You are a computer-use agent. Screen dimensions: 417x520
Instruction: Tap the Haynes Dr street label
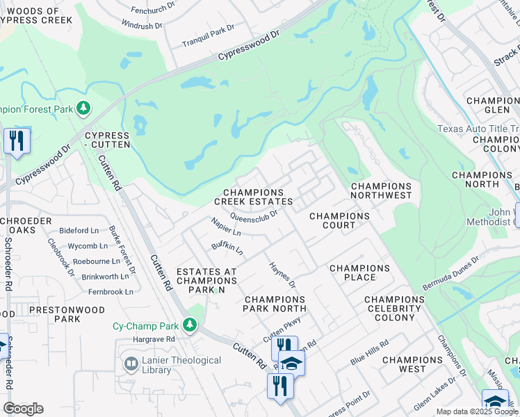[282, 275]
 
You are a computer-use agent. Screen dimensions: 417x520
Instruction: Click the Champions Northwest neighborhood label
[381, 191]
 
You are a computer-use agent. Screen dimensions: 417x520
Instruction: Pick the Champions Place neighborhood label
[359, 272]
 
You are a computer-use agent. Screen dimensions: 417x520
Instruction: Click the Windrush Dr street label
[142, 25]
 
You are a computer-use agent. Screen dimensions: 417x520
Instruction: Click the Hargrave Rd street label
[155, 339]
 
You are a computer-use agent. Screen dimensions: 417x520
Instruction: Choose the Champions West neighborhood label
[412, 364]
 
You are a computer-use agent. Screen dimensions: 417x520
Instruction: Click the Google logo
[23, 409]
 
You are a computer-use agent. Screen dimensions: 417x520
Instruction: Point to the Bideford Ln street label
[80, 230]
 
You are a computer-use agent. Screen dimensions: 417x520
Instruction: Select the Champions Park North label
[275, 304]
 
